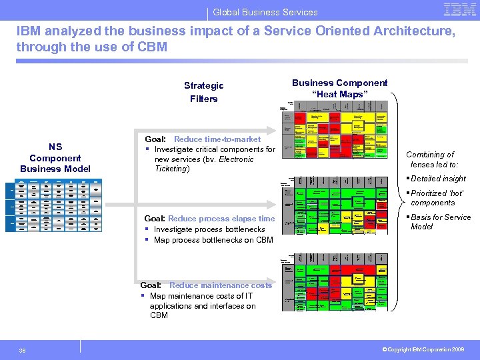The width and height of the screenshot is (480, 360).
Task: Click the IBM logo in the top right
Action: tap(459, 10)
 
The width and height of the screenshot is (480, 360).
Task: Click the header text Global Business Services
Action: tap(265, 12)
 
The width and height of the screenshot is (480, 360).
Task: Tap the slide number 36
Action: tap(22, 351)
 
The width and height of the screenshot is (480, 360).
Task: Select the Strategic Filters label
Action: tap(203, 92)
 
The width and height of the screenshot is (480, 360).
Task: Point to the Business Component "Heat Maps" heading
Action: tap(339, 89)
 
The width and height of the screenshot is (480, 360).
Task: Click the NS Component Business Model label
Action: tap(55, 158)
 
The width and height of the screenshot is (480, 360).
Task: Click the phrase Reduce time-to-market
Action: tap(217, 139)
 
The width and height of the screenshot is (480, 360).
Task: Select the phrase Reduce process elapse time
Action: tap(221, 219)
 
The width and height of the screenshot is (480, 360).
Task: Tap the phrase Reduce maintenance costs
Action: tap(221, 285)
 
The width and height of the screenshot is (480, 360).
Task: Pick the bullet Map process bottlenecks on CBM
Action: tap(213, 240)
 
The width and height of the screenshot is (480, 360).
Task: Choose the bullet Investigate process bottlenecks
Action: tap(209, 229)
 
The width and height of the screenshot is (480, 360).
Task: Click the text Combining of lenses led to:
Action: tap(432, 159)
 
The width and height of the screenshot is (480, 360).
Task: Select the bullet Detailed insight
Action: tap(438, 179)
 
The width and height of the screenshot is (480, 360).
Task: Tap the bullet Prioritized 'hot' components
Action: tap(433, 198)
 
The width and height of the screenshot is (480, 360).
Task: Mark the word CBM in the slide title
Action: tap(153, 47)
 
